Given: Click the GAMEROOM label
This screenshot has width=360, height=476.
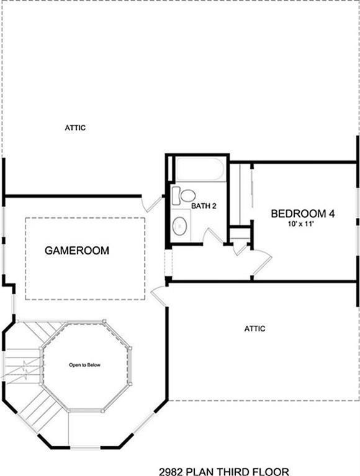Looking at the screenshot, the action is click(x=77, y=251).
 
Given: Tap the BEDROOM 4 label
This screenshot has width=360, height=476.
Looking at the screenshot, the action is click(x=303, y=213).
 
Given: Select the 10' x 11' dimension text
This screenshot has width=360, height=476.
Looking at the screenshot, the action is click(x=300, y=224).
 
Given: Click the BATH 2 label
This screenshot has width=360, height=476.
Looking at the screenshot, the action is click(x=204, y=206).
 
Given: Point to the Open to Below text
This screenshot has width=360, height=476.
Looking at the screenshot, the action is click(x=84, y=365).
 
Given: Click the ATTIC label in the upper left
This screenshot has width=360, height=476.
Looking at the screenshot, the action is click(x=75, y=128).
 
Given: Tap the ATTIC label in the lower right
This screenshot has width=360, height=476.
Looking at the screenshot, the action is click(x=254, y=328).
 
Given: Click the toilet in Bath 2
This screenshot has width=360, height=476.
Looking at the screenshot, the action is click(x=183, y=196).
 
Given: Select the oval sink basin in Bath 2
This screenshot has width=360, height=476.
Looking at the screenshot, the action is click(x=180, y=225).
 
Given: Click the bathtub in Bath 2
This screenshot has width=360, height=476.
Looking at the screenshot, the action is click(x=200, y=169).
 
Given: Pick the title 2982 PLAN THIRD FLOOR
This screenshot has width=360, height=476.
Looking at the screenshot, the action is click(x=224, y=472).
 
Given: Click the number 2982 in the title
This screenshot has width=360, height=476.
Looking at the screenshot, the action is click(x=171, y=472).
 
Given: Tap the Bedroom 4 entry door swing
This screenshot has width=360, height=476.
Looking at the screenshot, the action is click(x=262, y=263).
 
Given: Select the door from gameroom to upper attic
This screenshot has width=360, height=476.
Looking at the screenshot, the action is click(x=153, y=204).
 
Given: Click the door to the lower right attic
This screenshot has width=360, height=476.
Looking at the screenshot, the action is click(x=159, y=296).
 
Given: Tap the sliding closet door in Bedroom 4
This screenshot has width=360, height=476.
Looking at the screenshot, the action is click(x=252, y=188).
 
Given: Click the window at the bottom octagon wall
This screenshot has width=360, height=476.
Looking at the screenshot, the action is click(x=85, y=447).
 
